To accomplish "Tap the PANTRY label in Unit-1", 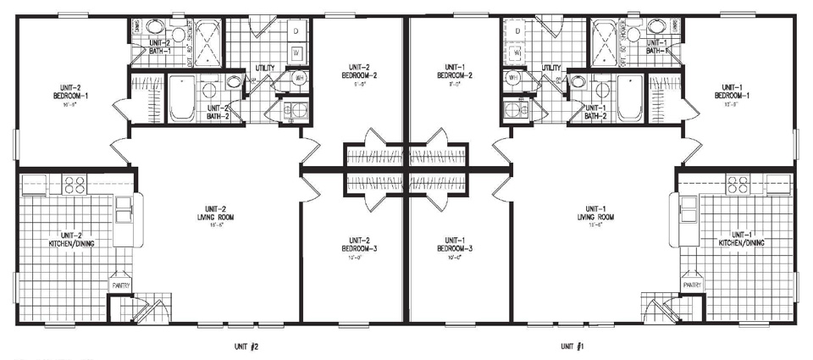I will [693, 285].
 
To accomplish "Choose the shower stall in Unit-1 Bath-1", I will [606, 38].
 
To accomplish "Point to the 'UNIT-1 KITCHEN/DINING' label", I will [741, 238].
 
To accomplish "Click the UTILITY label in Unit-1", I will [552, 67].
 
